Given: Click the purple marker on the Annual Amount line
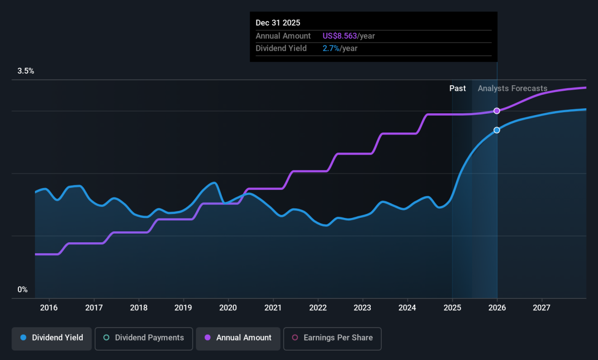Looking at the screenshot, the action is click(496, 111).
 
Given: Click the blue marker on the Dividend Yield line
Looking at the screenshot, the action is click(496, 130).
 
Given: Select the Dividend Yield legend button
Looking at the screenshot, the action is click(51, 339).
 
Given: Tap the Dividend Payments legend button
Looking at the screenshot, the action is click(144, 339).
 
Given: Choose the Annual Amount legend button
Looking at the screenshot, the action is click(238, 339).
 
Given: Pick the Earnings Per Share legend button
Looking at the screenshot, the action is click(332, 339).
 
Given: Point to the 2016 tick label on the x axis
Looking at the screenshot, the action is click(49, 308).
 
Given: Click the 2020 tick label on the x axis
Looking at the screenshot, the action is click(228, 308).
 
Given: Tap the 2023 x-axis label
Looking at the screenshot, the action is click(363, 308).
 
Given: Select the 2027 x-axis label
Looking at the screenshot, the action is click(542, 308).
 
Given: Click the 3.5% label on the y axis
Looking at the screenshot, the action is click(25, 71).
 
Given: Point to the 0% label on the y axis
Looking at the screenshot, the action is click(22, 290).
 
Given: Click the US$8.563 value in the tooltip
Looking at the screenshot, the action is click(339, 36).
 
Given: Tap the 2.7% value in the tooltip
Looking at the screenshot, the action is click(331, 48).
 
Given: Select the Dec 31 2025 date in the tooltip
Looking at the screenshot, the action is click(278, 23).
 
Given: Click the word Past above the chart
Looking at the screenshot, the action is click(457, 88).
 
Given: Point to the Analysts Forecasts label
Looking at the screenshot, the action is click(513, 88).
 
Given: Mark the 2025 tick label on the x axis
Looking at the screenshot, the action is click(452, 308).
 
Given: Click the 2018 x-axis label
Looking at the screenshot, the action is click(139, 308).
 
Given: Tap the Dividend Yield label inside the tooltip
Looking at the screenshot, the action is click(281, 48).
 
